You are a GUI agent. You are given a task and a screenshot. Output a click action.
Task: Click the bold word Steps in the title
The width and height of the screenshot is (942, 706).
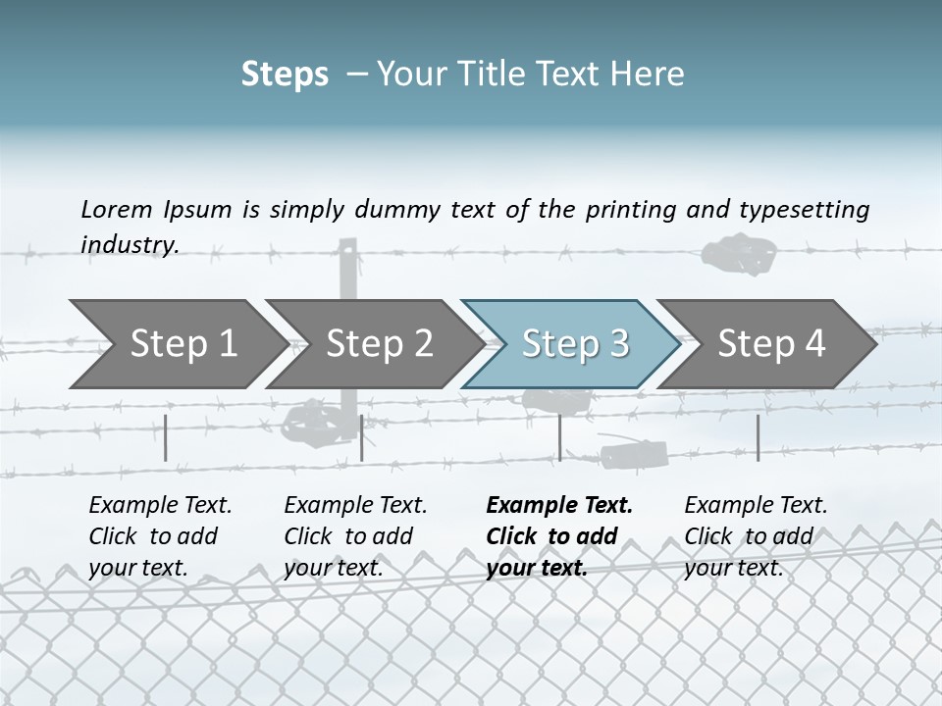(x=285, y=74)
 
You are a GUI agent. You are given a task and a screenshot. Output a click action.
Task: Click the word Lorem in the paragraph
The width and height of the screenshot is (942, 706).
(x=116, y=209)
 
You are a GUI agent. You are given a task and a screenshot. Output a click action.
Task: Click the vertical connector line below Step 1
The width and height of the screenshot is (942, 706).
(x=166, y=437)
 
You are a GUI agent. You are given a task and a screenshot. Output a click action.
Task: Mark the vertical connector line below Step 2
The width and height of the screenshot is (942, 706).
(x=362, y=437)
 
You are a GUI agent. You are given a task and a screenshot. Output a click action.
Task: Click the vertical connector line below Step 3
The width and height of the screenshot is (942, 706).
(x=559, y=437)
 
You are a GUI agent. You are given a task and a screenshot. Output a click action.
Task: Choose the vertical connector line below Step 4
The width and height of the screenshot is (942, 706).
(x=758, y=437)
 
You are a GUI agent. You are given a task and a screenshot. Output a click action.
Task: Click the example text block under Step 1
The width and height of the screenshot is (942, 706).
(x=160, y=536)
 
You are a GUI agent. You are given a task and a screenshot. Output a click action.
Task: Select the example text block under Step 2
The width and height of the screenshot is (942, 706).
(x=355, y=536)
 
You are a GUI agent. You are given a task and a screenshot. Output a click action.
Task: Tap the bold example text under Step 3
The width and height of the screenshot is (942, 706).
(x=559, y=536)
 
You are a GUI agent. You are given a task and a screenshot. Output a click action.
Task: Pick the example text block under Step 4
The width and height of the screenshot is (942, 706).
(x=756, y=536)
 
